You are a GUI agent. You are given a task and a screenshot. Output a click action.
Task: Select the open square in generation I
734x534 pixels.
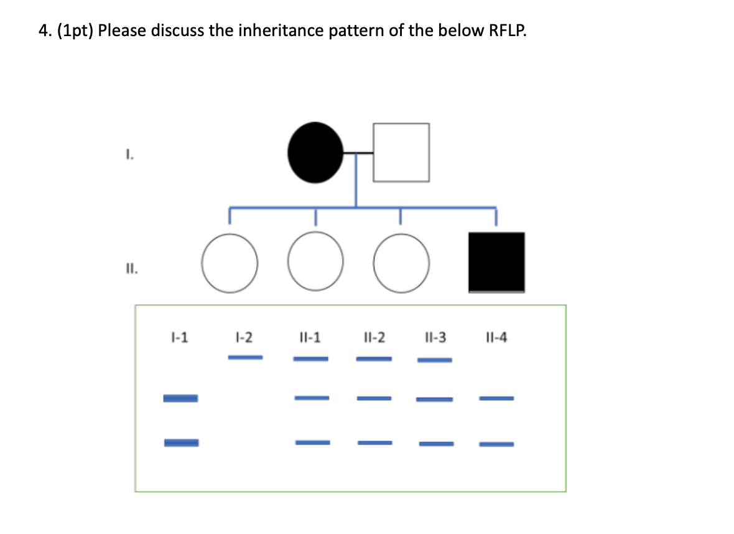(401, 152)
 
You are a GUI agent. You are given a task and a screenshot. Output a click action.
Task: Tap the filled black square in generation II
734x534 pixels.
(496, 262)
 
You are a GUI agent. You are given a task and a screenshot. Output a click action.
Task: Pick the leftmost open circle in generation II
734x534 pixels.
(229, 263)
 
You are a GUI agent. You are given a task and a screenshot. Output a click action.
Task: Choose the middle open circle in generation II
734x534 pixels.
(315, 263)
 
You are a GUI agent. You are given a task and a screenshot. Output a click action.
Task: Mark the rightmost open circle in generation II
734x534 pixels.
(401, 263)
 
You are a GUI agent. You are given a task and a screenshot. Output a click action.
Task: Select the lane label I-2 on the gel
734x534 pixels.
(244, 337)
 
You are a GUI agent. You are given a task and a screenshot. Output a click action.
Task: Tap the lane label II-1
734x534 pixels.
(310, 337)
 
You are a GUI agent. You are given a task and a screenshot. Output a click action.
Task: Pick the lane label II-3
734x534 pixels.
(434, 337)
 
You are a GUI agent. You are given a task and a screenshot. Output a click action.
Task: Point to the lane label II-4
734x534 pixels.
(496, 337)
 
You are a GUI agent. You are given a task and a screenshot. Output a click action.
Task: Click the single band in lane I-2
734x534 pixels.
(245, 357)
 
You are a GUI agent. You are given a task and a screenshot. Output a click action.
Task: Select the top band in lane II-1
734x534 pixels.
(310, 358)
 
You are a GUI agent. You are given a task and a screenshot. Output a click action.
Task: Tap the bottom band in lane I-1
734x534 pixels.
(181, 443)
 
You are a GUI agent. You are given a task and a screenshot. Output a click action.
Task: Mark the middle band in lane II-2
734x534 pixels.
(374, 398)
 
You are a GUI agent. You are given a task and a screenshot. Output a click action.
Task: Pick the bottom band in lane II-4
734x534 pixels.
(496, 444)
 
